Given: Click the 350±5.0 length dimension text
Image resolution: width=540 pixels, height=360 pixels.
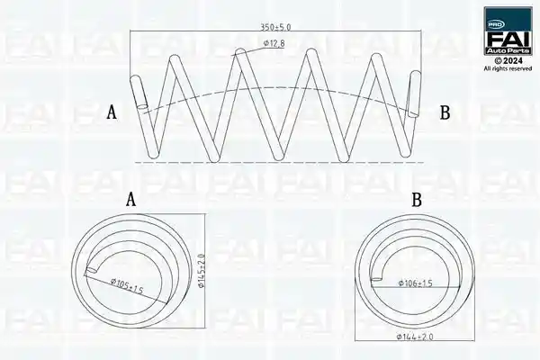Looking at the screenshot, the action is pos(275,27).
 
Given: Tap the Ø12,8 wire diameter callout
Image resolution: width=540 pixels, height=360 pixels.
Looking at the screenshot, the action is pos(274,43).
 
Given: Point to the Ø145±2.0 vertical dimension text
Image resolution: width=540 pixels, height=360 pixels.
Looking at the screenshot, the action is pos(202,272).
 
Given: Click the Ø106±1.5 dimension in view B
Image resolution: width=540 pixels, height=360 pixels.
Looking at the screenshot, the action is pos(415,283).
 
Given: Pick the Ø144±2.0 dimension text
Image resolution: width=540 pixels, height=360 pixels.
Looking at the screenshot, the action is pos(415,337).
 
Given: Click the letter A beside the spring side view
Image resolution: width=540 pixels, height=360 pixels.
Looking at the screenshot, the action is pos(112,112).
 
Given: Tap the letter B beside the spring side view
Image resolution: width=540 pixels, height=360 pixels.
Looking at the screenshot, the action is pos(445,112).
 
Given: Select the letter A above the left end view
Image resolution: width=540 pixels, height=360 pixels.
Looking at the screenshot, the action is pos(130,200).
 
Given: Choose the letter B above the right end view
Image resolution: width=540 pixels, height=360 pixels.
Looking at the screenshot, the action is pos(417,200).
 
